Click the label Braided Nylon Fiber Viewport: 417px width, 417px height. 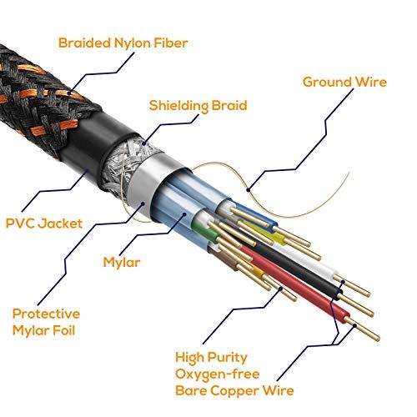pyautogui.click(x=123, y=43)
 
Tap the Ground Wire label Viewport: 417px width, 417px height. pyautogui.click(x=344, y=82)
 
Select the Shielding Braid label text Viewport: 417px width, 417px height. pyautogui.click(x=198, y=106)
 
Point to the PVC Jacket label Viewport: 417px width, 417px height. pyautogui.click(x=44, y=224)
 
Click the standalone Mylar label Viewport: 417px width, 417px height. pyautogui.click(x=122, y=262)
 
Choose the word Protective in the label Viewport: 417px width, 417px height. pyautogui.click(x=46, y=314)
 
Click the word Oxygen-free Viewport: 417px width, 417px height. pyautogui.click(x=217, y=374)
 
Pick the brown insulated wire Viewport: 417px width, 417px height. pyautogui.click(x=223, y=258)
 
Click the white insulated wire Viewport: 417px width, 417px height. pyautogui.click(x=306, y=259)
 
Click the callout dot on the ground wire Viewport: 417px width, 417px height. pyautogui.click(x=249, y=190)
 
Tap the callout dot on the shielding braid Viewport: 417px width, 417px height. pyautogui.click(x=143, y=143)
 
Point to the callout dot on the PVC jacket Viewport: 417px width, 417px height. pyautogui.click(x=87, y=171)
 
